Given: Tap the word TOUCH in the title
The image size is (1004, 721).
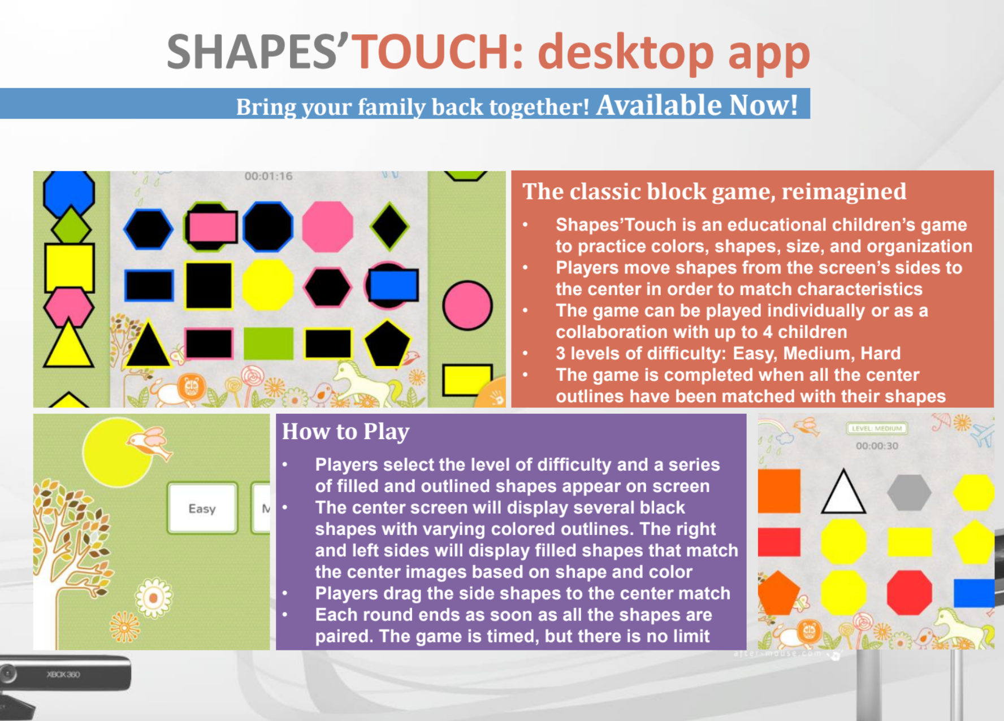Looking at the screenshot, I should pos(432,52).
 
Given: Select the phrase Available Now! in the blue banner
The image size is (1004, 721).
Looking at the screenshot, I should pos(697,105).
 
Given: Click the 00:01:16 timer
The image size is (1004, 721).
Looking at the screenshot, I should pos(269,176).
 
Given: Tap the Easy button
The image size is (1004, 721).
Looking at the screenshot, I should pos(202,509).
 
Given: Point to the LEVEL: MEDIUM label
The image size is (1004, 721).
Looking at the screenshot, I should pos(877,428).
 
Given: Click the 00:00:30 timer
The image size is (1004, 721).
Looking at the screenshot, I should pos(877,446).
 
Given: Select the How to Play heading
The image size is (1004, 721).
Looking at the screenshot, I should pos(345,432).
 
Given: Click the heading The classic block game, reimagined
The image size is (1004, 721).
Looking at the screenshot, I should pos(714,192).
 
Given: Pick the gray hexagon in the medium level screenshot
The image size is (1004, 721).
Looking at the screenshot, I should pos(909,492).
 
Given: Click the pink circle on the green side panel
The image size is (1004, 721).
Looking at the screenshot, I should pos(468,305).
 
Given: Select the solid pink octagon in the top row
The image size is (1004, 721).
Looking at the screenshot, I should pos(328,227).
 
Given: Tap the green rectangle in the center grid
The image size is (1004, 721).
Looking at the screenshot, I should pos(269,344).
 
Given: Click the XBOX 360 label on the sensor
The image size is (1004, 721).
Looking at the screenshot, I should pos(63,674).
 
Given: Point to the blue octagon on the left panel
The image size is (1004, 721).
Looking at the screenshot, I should pos(69,192).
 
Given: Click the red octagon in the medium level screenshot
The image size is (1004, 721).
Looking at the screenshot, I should pos(909,592).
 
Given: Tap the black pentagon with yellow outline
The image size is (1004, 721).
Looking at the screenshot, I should pos(387,344).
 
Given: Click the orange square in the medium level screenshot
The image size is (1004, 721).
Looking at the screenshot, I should pos(779,491).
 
